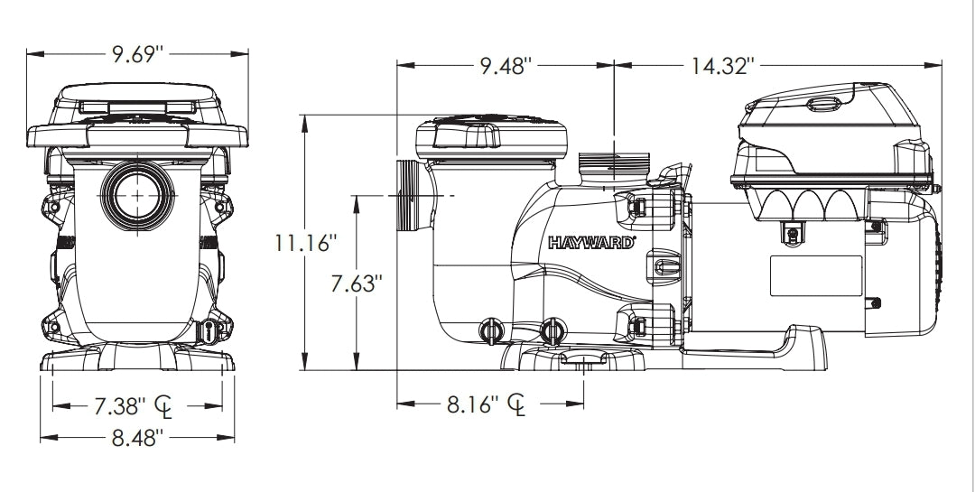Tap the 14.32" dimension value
point(723,66)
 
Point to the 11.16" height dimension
point(308,243)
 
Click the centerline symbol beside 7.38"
point(164,406)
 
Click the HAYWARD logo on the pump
point(592,242)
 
